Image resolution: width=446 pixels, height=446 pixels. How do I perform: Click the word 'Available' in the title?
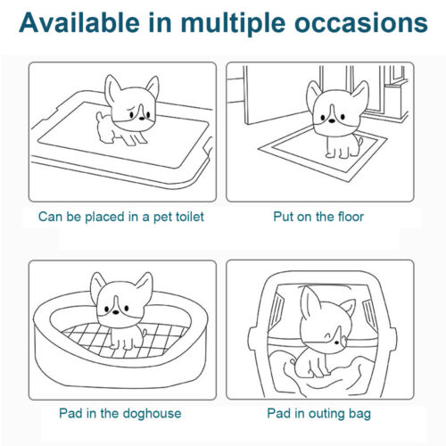(79, 23)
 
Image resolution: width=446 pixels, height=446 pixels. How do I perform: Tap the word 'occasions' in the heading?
(361, 23)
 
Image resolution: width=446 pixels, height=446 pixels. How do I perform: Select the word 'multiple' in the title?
(234, 24)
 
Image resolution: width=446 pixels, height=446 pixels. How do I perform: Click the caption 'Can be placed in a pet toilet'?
(121, 217)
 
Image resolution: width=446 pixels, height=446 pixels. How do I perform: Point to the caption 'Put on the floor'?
(318, 217)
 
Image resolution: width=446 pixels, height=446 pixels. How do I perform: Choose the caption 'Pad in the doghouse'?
(120, 413)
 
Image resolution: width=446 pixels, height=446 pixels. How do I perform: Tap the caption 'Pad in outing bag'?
(319, 413)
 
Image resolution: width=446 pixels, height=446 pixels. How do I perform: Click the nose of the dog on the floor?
(332, 120)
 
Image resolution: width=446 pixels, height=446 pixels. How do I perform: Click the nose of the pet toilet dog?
(142, 118)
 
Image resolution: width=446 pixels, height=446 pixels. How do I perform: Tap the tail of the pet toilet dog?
(99, 116)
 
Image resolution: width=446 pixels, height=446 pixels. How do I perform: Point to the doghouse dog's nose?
(116, 312)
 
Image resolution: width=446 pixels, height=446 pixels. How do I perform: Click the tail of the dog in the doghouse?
(145, 332)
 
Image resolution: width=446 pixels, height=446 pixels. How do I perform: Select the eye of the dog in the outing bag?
(336, 343)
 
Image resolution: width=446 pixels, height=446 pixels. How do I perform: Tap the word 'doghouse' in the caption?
(152, 413)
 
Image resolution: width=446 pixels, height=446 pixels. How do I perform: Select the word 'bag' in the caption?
(360, 414)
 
